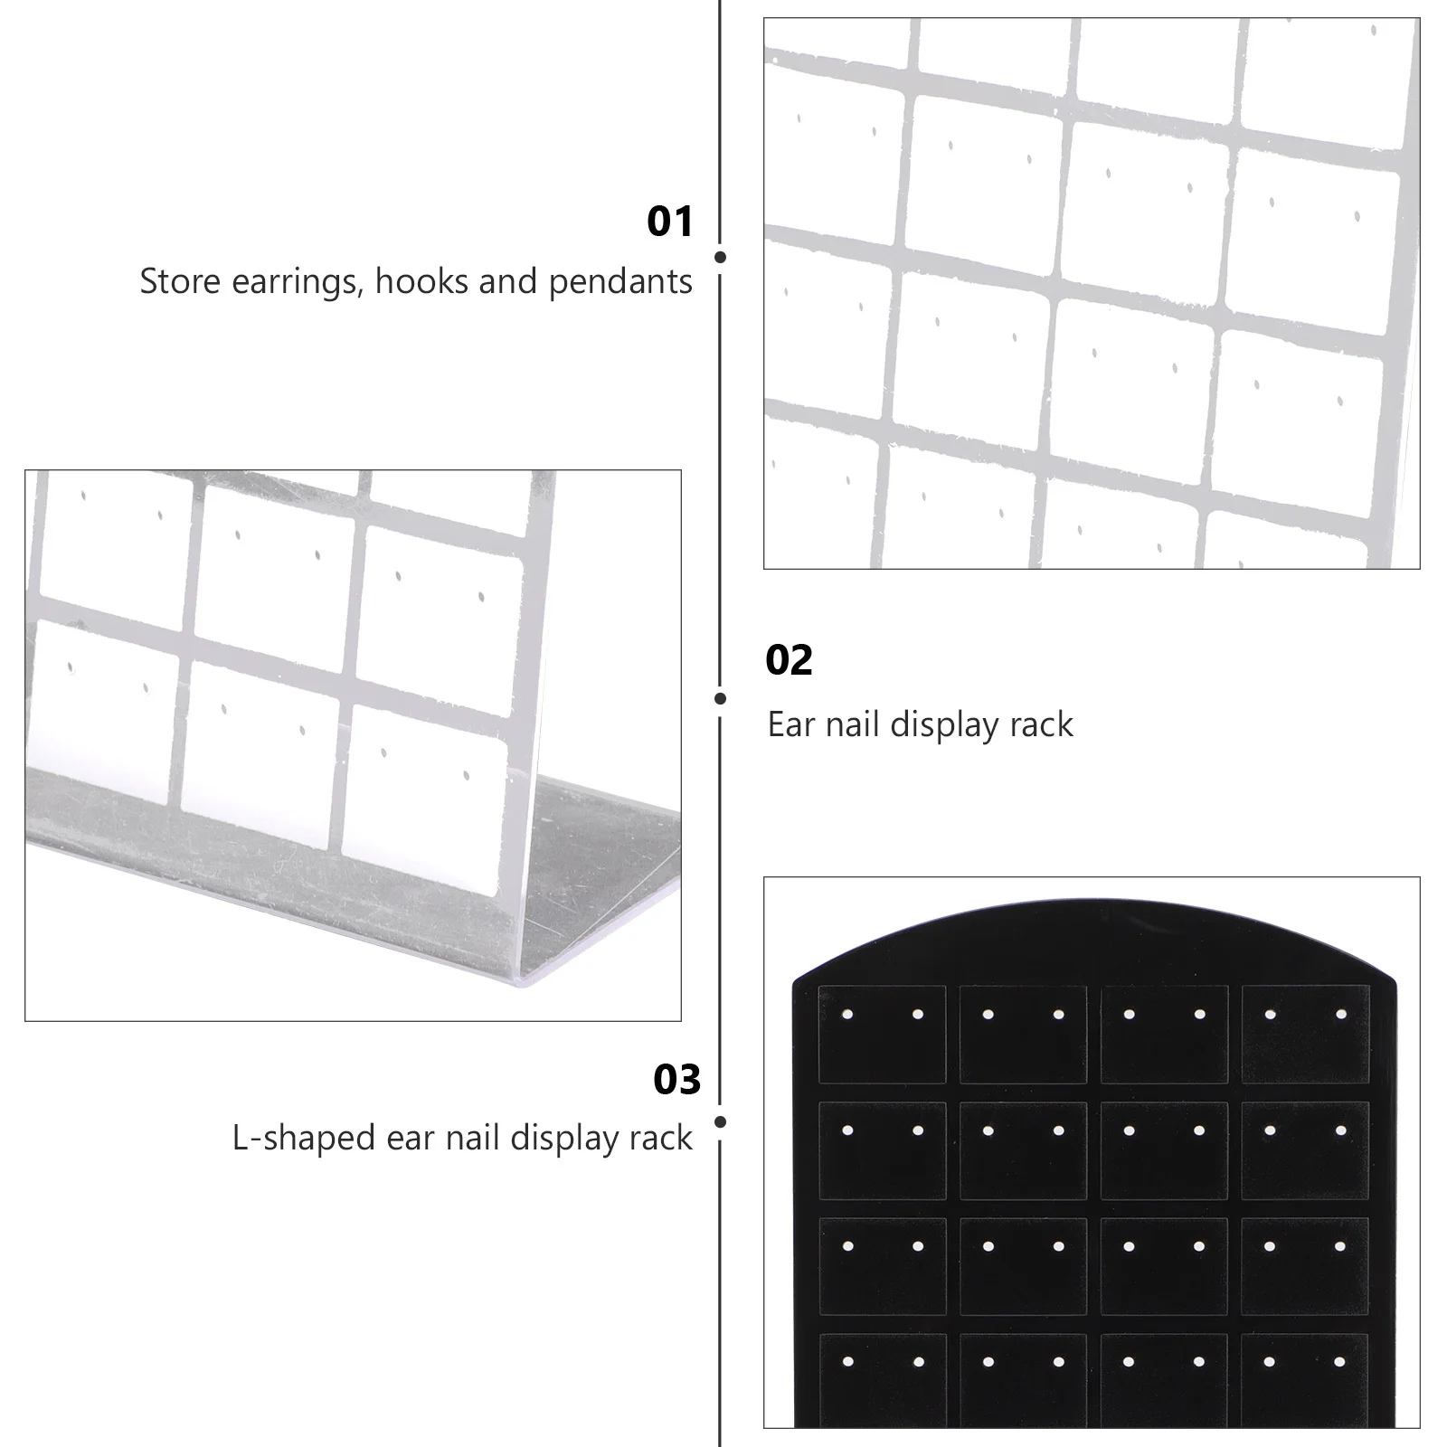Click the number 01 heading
coord(669,222)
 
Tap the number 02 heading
coord(789,660)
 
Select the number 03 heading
coord(676,1080)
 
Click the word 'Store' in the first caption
coord(181,282)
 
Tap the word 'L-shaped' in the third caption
coord(304,1138)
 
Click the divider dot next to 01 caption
coord(720,257)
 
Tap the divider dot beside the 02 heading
coord(720,698)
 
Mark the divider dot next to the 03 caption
coord(720,1122)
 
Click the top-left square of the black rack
coord(882,1034)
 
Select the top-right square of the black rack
coord(1305,1034)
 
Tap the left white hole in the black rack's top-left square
coord(847,1015)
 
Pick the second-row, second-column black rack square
coord(1023,1149)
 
